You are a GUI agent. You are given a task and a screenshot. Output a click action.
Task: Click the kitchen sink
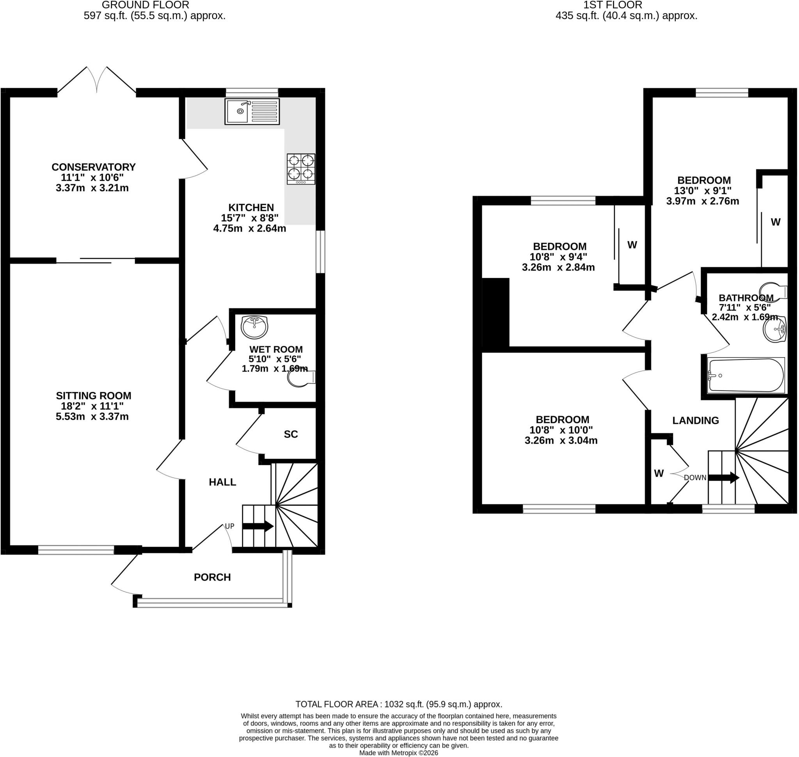point(252,111)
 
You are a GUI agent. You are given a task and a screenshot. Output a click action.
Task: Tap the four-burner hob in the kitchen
point(301,169)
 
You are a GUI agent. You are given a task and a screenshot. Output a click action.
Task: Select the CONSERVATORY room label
point(94,167)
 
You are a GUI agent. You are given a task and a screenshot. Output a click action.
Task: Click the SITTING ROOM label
point(94,395)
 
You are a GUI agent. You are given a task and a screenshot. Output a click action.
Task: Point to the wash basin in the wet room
point(254,327)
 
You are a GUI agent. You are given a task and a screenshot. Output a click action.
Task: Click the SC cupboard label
point(291,434)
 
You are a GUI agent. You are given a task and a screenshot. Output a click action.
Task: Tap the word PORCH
point(212,577)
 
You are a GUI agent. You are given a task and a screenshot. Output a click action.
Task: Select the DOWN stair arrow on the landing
point(724,477)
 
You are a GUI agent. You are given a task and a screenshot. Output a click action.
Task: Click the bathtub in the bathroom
point(746,375)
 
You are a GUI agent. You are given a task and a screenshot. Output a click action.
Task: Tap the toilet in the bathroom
point(773,291)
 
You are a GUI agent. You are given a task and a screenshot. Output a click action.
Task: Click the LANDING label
point(695,420)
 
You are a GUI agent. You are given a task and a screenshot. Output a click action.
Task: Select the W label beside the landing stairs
point(659,473)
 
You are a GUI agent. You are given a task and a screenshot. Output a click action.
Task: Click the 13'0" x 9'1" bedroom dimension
point(703,191)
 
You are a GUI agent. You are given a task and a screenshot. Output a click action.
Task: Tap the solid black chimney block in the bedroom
point(496,312)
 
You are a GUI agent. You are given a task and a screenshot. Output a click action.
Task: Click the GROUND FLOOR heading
point(145,5)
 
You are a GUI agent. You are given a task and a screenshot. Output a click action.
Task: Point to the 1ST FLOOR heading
point(613,5)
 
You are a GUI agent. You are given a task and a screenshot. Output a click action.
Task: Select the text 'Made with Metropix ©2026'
point(398,753)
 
